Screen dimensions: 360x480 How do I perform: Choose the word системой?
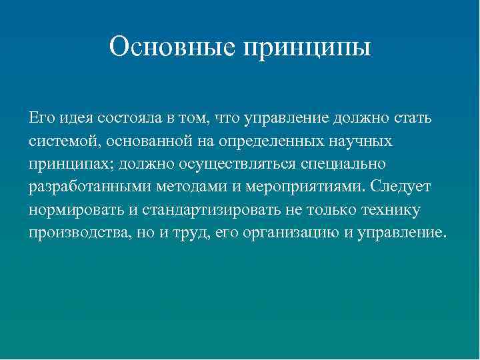(x=58, y=141)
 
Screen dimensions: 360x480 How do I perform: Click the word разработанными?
(x=82, y=187)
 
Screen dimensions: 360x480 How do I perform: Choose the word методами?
(x=186, y=187)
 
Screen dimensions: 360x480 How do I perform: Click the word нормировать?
(x=75, y=210)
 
